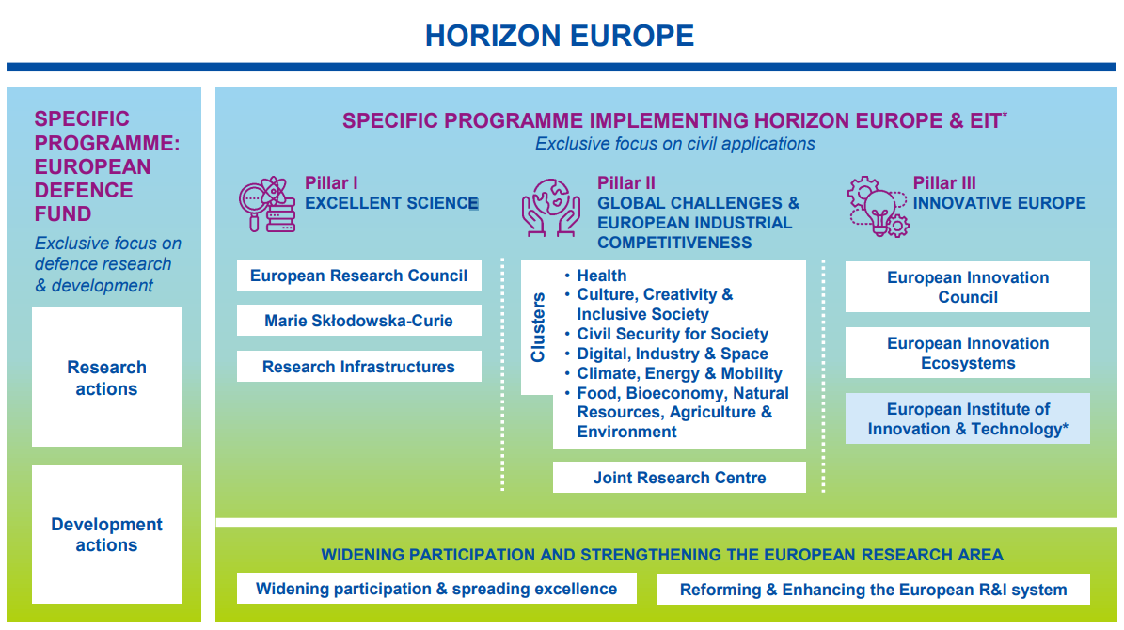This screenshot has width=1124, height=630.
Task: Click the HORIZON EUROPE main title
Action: (x=560, y=36)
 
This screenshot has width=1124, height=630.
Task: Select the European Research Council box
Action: (x=358, y=276)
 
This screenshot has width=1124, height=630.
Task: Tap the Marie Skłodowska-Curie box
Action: (x=358, y=321)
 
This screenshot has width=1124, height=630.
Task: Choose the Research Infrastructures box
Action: (x=358, y=367)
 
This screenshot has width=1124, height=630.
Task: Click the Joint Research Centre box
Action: (x=679, y=478)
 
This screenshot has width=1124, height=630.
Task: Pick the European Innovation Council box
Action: (x=967, y=287)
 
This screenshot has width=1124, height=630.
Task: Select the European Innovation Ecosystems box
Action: (x=967, y=353)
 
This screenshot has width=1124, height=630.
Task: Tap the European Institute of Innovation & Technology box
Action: (x=967, y=418)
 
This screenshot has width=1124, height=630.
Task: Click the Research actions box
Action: (x=106, y=377)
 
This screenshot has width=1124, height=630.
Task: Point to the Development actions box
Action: (x=106, y=534)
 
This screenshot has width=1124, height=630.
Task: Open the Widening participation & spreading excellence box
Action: (x=436, y=589)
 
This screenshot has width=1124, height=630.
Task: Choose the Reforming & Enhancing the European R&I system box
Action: (x=873, y=590)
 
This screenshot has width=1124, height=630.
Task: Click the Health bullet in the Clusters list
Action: (x=601, y=276)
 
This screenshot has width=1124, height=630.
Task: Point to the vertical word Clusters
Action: (x=538, y=327)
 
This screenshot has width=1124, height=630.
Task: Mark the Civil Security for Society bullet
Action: (x=672, y=334)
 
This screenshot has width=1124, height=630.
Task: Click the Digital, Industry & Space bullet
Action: (x=672, y=354)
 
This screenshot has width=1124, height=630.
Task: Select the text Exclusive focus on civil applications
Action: (x=674, y=144)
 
